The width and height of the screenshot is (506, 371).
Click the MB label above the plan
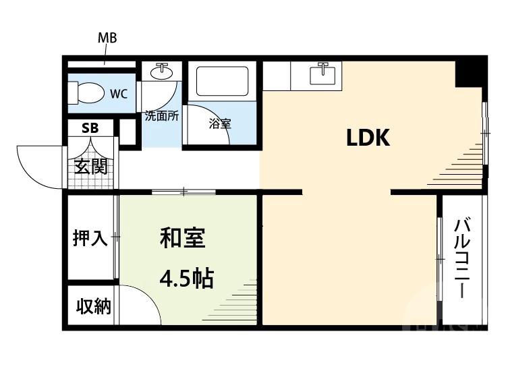click(107, 38)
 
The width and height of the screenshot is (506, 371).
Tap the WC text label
click(119, 93)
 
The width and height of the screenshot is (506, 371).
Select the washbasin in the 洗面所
click(162, 71)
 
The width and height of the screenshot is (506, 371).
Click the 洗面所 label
click(162, 115)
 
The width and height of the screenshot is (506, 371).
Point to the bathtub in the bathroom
click(221, 82)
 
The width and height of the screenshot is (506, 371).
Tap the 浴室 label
click(220, 123)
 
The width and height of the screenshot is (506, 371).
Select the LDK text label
click(368, 138)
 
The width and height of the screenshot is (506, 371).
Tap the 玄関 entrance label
click(90, 166)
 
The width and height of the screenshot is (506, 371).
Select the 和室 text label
click(182, 237)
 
